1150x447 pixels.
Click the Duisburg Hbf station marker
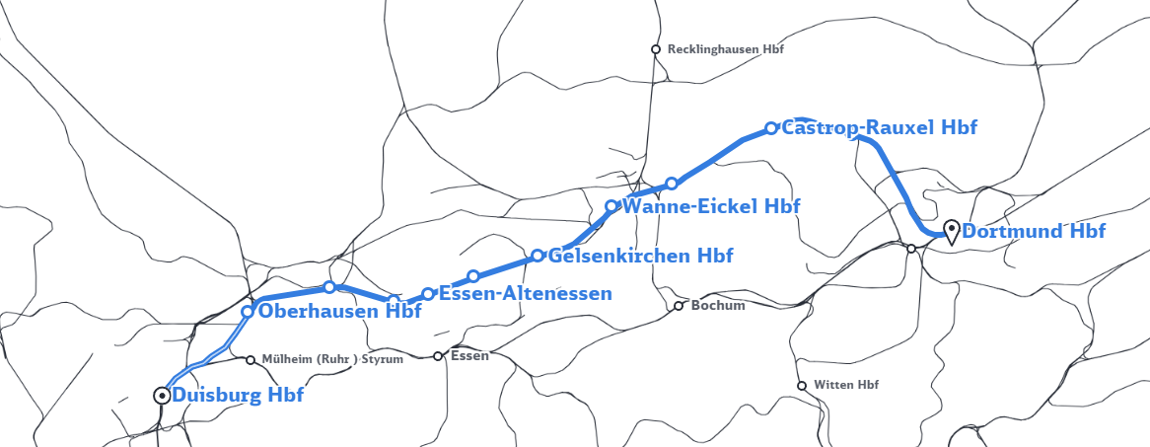pyautogui.click(x=162, y=395)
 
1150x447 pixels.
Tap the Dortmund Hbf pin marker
pyautogui.click(x=952, y=231)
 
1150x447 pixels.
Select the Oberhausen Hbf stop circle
pyautogui.click(x=249, y=312)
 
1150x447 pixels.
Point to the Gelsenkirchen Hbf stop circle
pyautogui.click(x=538, y=256)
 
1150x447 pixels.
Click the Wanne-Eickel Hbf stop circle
pyautogui.click(x=611, y=206)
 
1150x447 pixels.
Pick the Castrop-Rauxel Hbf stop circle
pyautogui.click(x=771, y=128)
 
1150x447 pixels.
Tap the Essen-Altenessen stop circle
pyautogui.click(x=428, y=293)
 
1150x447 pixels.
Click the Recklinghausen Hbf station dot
pyautogui.click(x=655, y=49)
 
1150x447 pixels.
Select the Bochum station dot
pyautogui.click(x=679, y=306)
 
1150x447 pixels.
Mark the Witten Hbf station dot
pyautogui.click(x=802, y=385)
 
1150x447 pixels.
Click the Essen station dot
pyautogui.click(x=438, y=356)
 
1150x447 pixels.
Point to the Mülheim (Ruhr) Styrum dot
pyautogui.click(x=251, y=360)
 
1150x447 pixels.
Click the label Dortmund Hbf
pyautogui.click(x=1033, y=232)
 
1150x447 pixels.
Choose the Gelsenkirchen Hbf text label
pyautogui.click(x=640, y=256)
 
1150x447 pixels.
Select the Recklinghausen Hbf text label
pyautogui.click(x=725, y=49)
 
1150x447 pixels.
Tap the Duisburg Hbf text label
pyautogui.click(x=238, y=396)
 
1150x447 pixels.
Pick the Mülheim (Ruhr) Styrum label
pyautogui.click(x=332, y=360)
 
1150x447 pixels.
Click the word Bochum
pyautogui.click(x=718, y=306)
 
